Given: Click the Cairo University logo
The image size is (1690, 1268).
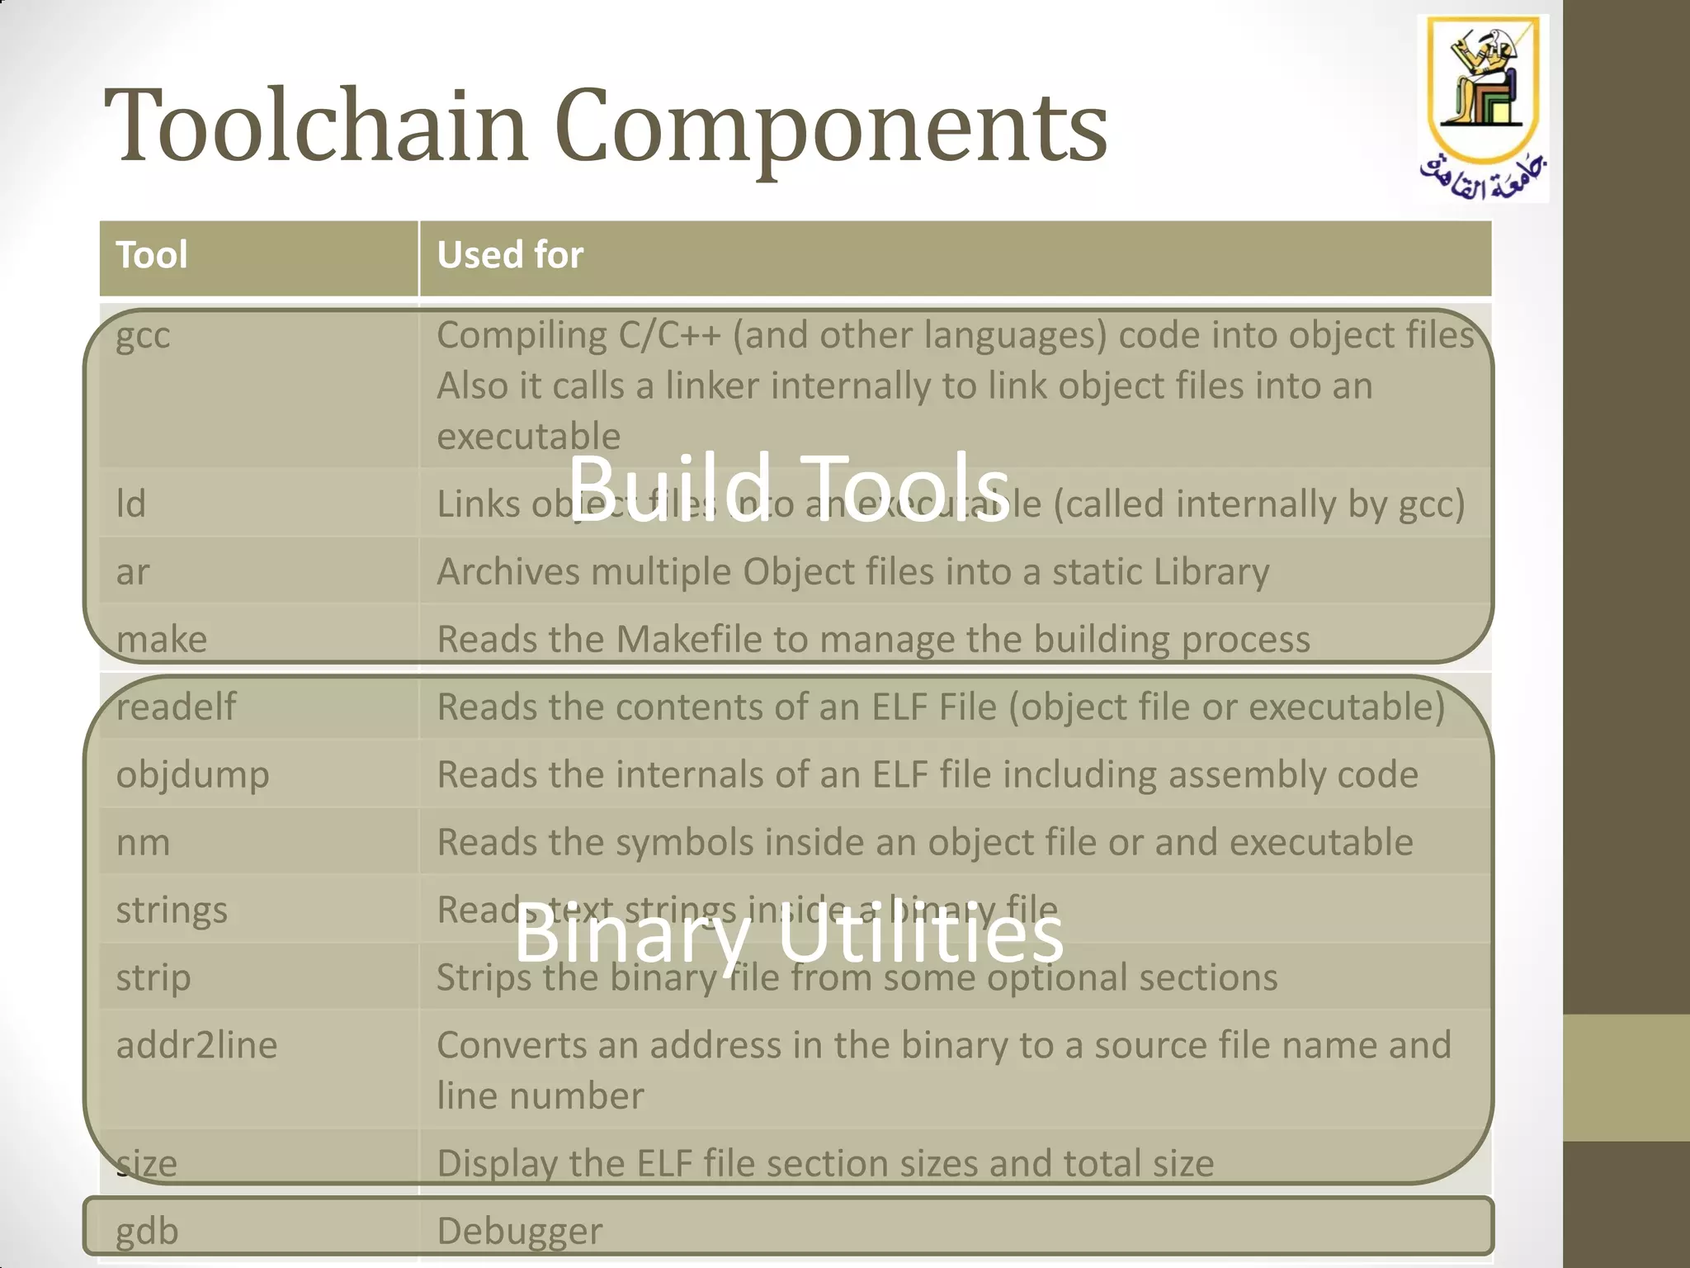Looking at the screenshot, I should coord(1483,107).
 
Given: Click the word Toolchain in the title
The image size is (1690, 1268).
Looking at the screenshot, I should coord(315,126).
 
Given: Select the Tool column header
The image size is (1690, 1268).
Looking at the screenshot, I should coord(152,255).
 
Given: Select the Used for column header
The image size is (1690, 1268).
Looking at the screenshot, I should coord(510,255).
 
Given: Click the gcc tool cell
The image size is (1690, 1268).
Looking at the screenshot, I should coord(144,335).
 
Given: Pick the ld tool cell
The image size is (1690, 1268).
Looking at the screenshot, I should coord(131,504).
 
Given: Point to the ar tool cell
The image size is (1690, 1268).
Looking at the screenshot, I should coord(133,571).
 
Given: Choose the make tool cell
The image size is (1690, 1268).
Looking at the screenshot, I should coord(162,639).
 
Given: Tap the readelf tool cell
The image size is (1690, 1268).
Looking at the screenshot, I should coord(176,707).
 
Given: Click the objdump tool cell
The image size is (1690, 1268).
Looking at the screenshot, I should coord(192,775).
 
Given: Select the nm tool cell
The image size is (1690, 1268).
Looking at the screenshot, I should coord(143,843).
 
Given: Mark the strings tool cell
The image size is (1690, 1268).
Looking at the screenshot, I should coord(172,911).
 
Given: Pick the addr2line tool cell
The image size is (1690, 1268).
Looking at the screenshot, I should coord(196,1045).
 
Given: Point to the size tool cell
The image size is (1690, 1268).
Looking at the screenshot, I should coord(147,1163).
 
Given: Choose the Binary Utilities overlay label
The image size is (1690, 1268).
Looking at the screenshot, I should coord(788,934).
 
